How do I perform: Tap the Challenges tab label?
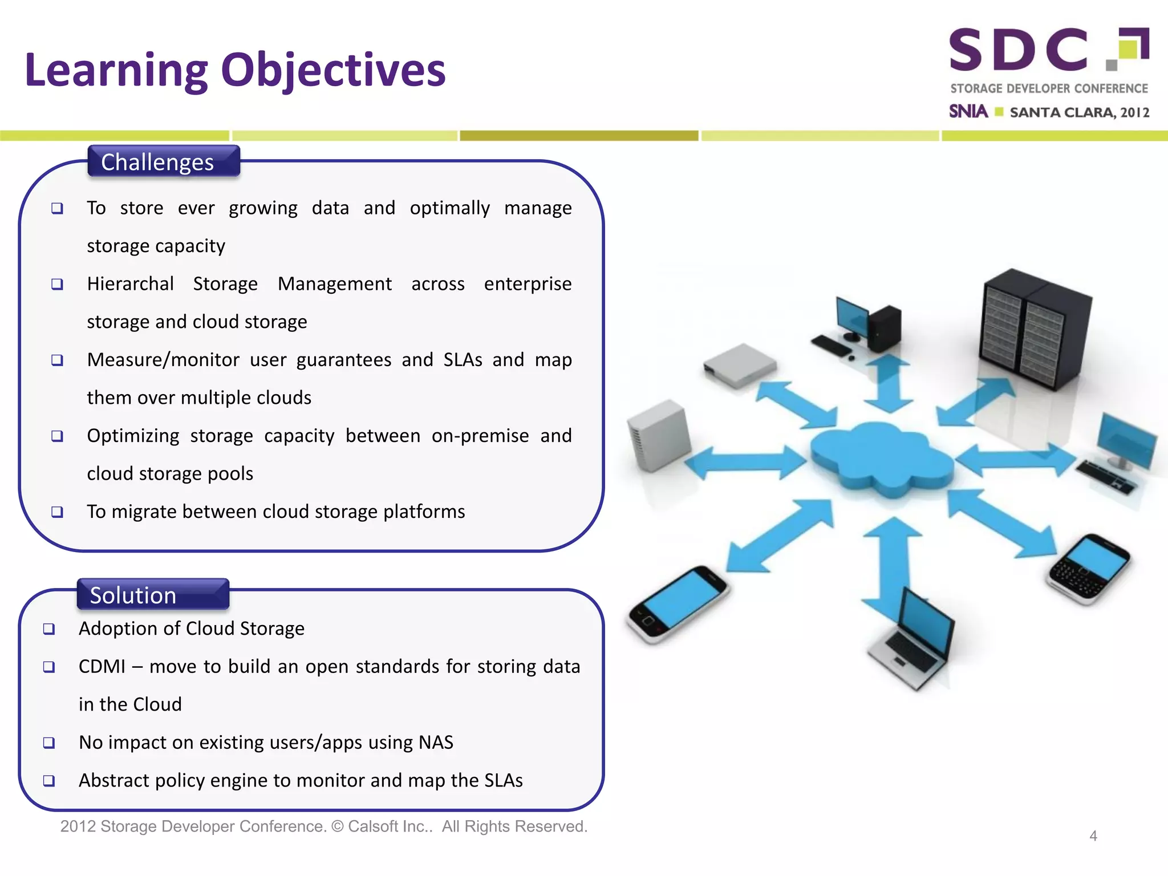[158, 162]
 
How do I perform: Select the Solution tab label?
[133, 595]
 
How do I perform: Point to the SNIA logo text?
[968, 111]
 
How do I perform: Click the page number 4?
[1093, 836]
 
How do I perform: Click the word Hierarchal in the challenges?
[130, 283]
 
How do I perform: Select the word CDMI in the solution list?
[102, 666]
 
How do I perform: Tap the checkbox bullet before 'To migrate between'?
[57, 512]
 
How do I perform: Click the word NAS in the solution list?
[436, 742]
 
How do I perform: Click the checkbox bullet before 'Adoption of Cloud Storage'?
[49, 628]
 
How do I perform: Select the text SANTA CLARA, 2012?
[1079, 112]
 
